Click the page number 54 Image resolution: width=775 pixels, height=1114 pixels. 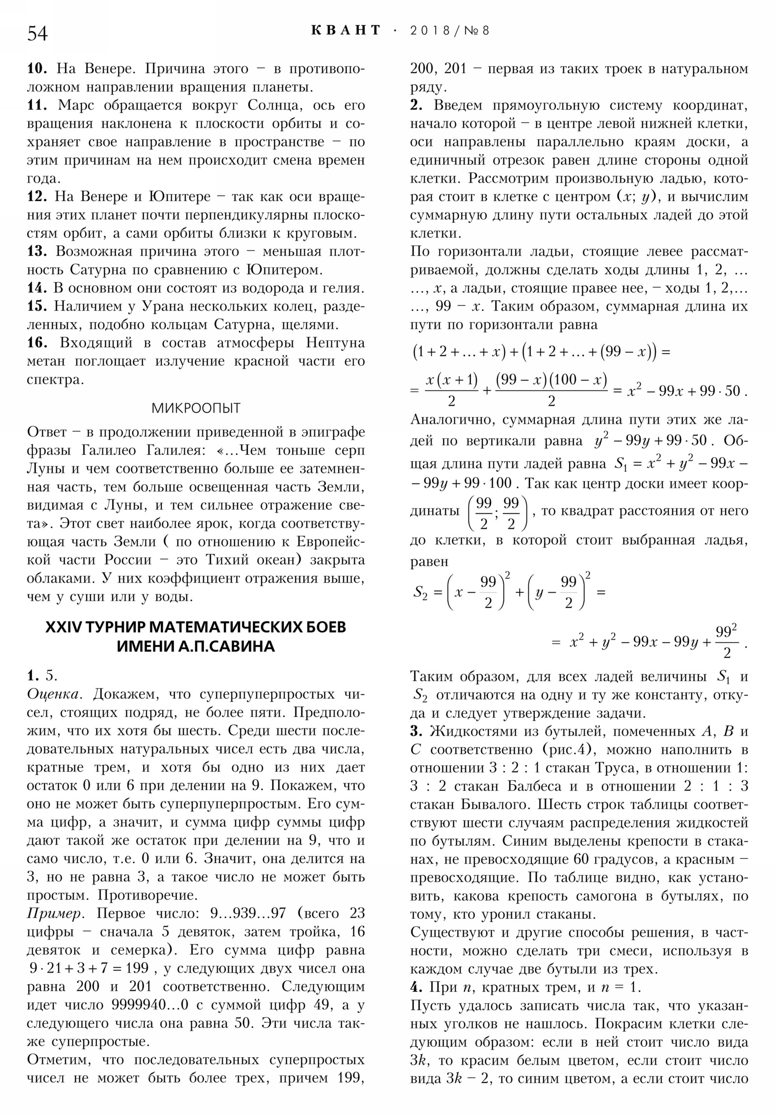click(x=37, y=33)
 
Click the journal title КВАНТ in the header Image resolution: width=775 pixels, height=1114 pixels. click(x=345, y=31)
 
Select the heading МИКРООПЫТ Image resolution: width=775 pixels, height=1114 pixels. click(x=196, y=408)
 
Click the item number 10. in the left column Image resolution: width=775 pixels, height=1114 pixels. click(x=37, y=69)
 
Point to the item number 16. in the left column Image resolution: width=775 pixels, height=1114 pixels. click(x=37, y=342)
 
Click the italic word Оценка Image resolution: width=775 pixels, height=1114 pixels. click(x=53, y=694)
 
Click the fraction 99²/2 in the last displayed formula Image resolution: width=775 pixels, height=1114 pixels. click(x=726, y=641)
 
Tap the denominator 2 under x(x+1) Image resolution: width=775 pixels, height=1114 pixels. click(x=451, y=401)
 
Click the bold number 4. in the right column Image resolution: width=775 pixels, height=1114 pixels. click(x=417, y=987)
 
